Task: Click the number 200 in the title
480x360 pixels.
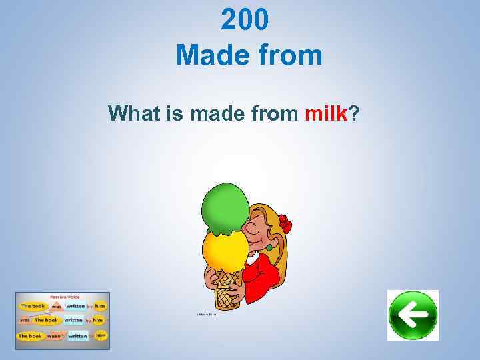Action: pos(245,21)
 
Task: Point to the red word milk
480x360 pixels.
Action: pos(326,114)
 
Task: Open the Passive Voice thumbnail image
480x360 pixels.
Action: pos(63,321)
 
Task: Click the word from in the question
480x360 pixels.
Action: pos(273,114)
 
